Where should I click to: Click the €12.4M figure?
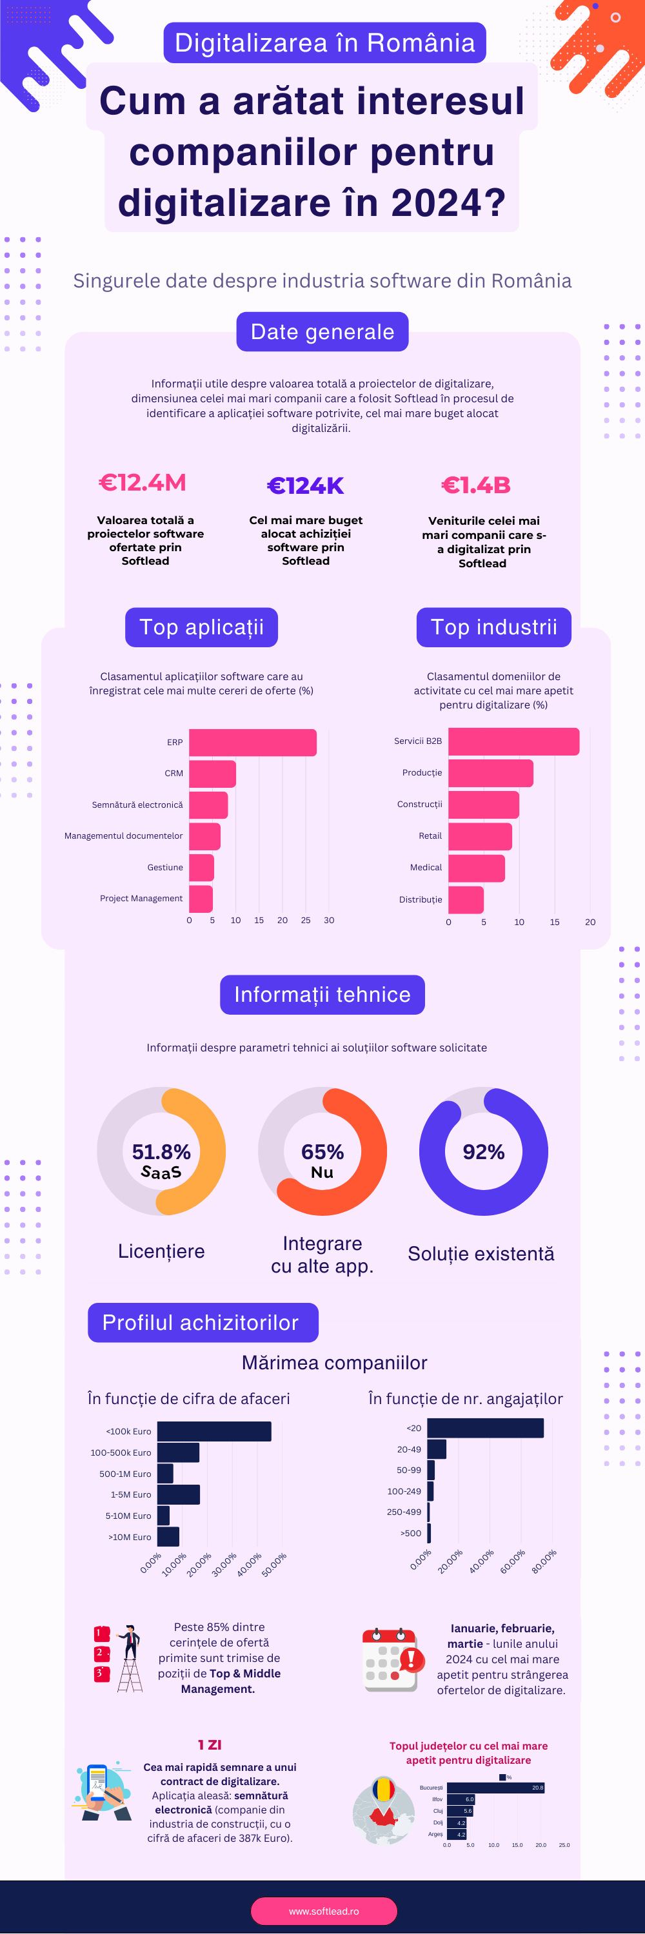pos(143,483)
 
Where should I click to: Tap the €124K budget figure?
pos(306,485)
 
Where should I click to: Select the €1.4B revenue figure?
pos(476,485)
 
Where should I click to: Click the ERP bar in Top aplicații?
pos(252,743)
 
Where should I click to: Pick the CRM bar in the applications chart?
pos(212,774)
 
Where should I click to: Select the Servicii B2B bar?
pos(513,741)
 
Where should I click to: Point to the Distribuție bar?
pos(466,899)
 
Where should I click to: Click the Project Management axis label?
pos(141,898)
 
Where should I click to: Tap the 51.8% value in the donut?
pos(161,1151)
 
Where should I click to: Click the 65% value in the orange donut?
pos(322,1151)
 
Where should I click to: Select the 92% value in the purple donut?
pos(484,1151)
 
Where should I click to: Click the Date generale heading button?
pos(322,332)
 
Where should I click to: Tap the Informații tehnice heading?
pos(322,995)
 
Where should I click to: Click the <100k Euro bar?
pos(214,1431)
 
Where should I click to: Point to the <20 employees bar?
pos(485,1428)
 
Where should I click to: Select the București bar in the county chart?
pos(495,1788)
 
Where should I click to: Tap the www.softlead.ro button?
pos(324,1911)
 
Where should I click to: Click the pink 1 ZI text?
pos(210,1745)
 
